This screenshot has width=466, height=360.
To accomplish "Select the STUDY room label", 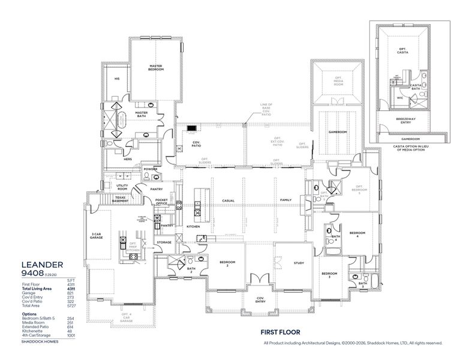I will [299, 262].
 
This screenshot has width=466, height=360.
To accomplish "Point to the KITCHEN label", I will [193, 227].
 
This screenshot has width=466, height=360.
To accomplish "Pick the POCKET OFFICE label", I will [161, 202].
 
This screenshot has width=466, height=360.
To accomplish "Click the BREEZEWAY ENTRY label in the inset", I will [407, 121].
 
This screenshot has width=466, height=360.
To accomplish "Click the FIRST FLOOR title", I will [279, 331].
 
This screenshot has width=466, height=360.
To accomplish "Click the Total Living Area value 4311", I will [70, 289].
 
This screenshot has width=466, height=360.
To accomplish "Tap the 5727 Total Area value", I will [70, 305].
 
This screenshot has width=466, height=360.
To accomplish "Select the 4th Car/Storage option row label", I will [36, 335].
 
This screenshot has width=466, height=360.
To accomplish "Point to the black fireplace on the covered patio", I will [192, 127].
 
